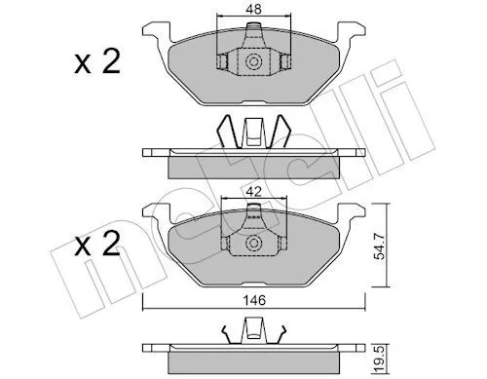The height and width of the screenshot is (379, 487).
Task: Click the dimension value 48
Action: coord(253,9)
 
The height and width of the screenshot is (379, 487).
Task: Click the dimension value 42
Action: coord(253,192)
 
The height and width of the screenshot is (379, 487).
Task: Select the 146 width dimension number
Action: coord(254,300)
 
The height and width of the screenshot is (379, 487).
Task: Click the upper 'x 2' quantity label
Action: coord(97,61)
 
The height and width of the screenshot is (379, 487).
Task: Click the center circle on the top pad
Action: coord(253,61)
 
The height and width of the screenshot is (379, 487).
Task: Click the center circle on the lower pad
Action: coord(253,244)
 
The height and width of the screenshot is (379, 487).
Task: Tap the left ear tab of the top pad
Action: coord(157,31)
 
